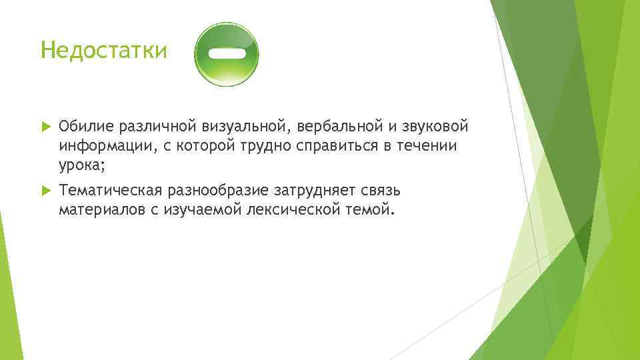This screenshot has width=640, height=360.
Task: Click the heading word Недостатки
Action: pyautogui.click(x=103, y=50)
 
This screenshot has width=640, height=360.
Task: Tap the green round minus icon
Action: pyautogui.click(x=226, y=54)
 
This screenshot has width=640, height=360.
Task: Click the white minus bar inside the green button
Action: pyautogui.click(x=226, y=53)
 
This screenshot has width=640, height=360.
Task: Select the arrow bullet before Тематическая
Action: pyautogui.click(x=45, y=191)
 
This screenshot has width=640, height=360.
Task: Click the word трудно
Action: pyautogui.click(x=262, y=146)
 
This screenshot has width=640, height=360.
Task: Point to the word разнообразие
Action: pyautogui.click(x=219, y=191)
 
